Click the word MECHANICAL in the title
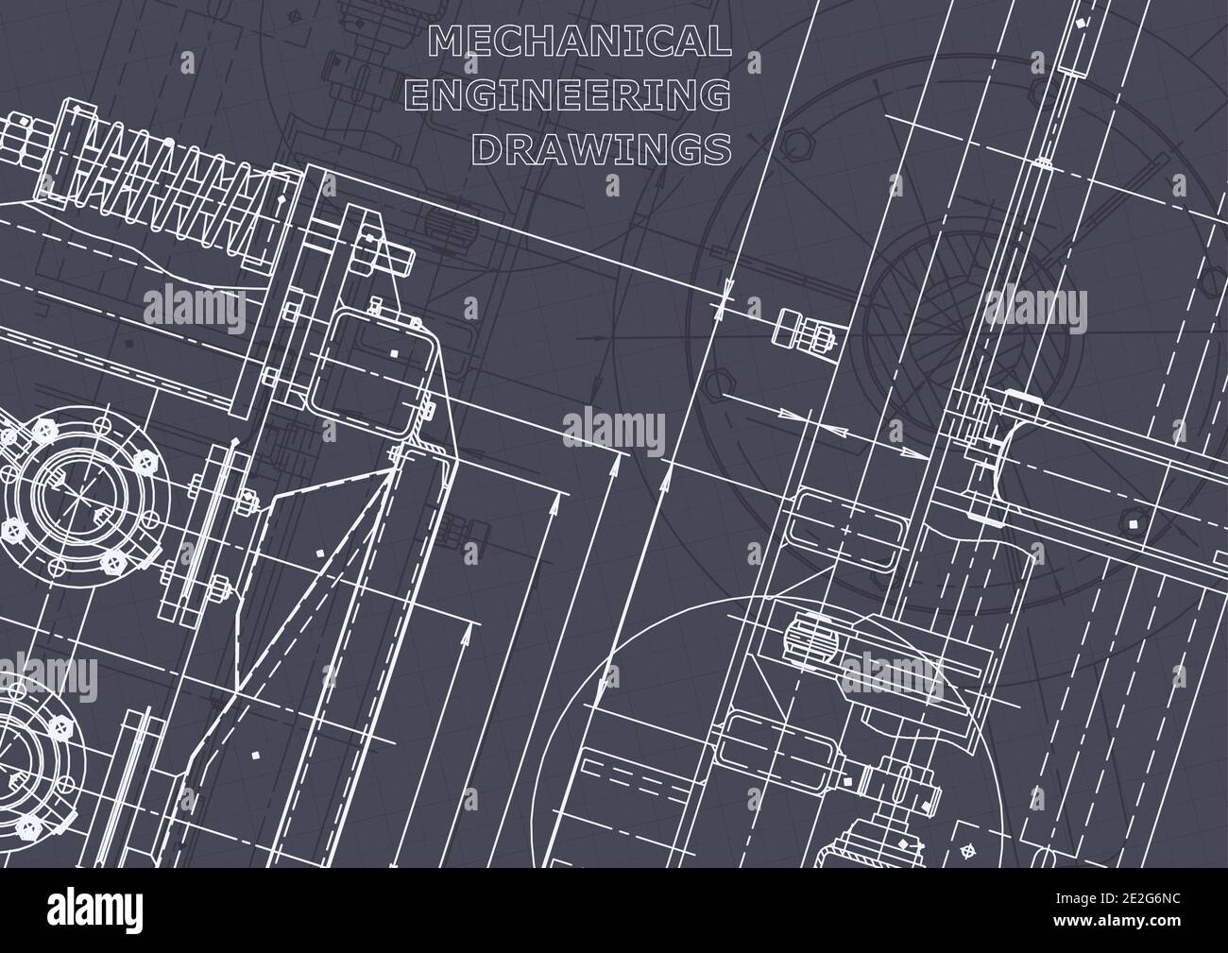coord(579,41)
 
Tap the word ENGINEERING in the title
coord(579,94)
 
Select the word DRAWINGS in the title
coord(601,148)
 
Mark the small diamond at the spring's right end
coord(281,202)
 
